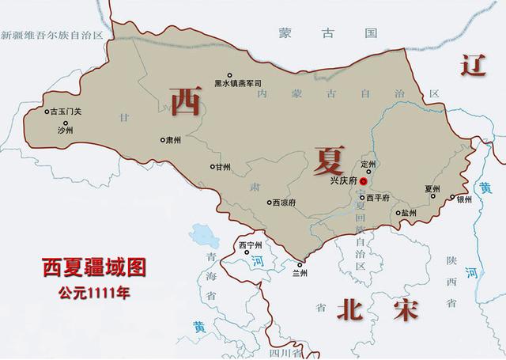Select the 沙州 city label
coord(66,132)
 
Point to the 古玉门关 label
coord(66,112)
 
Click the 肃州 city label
coord(173,139)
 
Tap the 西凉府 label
coord(281,203)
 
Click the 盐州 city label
coord(408,213)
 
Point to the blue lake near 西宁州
coord(204,234)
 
